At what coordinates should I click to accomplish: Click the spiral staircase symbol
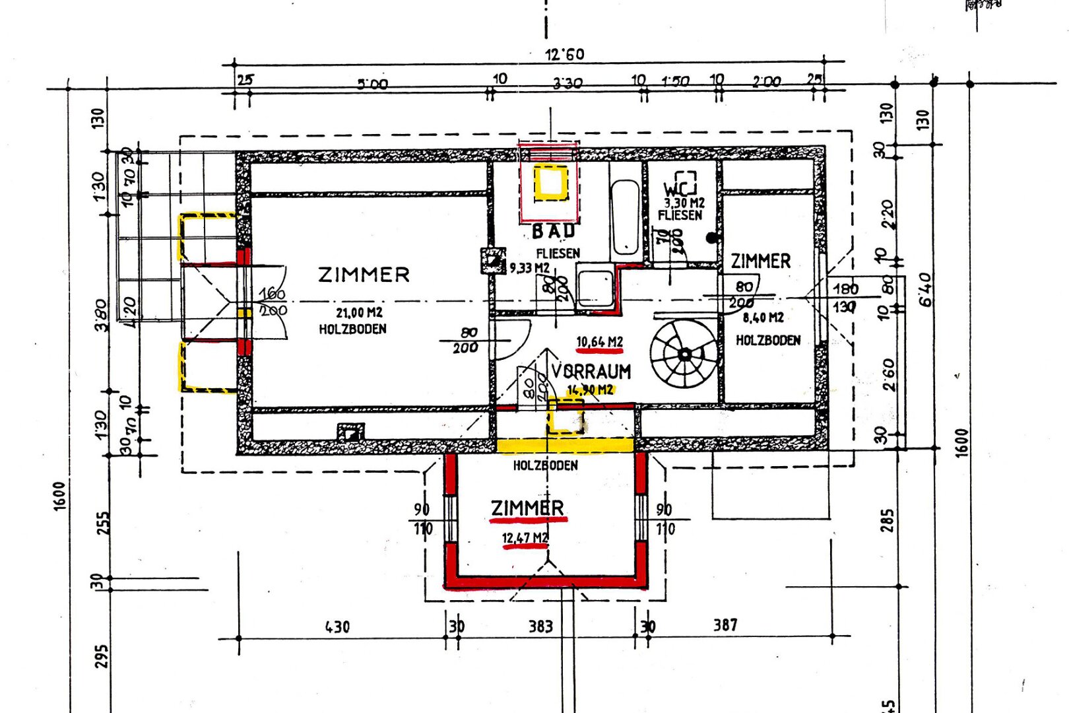pos(684,355)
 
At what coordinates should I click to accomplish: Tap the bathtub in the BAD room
pos(624,218)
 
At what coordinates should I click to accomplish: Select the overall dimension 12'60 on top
pos(564,54)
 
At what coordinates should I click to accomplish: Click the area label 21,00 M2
pos(359,313)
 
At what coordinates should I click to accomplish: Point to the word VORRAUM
pos(591,372)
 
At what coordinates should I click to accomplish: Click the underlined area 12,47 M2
pos(525,539)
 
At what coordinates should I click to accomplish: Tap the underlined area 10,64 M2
pos(599,342)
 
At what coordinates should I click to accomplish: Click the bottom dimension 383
pos(540,626)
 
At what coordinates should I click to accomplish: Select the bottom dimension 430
pos(337,627)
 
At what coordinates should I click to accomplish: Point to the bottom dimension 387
pos(725,625)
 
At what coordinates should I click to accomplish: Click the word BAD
pos(554,232)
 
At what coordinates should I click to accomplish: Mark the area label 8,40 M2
pos(763,318)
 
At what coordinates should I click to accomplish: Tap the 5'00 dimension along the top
pos(373,84)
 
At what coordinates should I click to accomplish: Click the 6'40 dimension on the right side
pos(926,290)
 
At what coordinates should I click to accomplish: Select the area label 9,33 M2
pos(529,268)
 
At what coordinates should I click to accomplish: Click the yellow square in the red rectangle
pos(550,183)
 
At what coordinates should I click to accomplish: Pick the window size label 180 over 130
pos(845,298)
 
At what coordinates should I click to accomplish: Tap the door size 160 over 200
pos(272,302)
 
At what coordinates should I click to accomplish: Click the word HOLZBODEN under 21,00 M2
pos(352,329)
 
